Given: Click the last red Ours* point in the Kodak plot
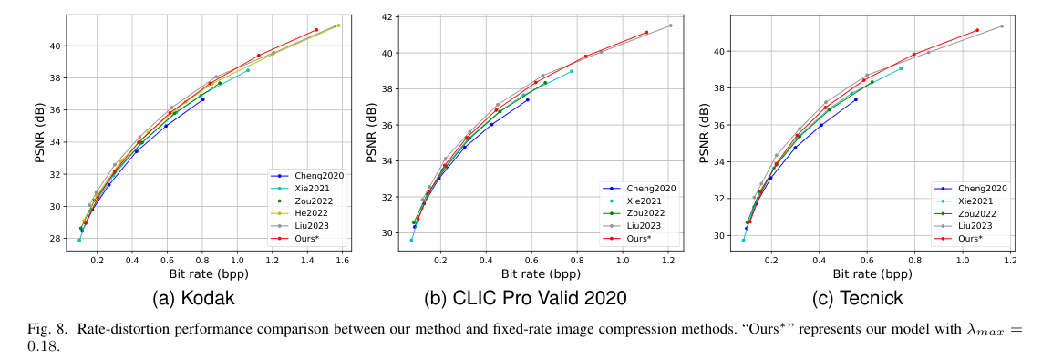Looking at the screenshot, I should [316, 30].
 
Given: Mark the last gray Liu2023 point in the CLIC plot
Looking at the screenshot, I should [670, 26].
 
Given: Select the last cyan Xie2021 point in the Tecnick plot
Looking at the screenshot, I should [901, 68].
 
